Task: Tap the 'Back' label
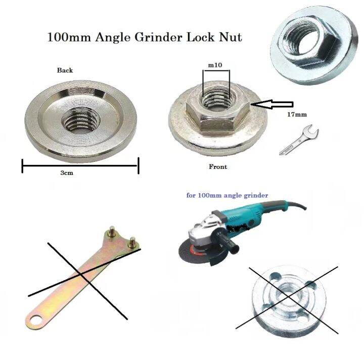65,70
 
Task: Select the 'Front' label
218,166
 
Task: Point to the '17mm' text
297,115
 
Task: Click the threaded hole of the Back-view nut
80,120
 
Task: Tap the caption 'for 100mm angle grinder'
227,195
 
